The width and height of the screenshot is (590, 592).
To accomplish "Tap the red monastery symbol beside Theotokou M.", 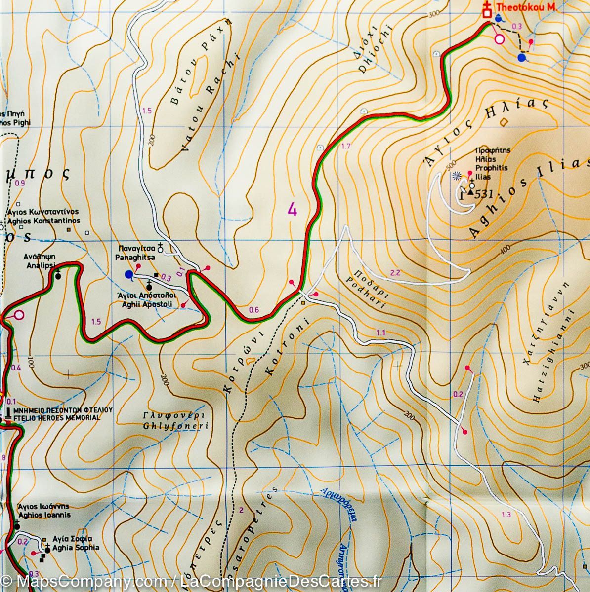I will pyautogui.click(x=487, y=11).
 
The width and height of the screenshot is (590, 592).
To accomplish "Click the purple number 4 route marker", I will pyautogui.click(x=293, y=210).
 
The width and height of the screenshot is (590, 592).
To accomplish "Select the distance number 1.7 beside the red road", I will pyautogui.click(x=346, y=146).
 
